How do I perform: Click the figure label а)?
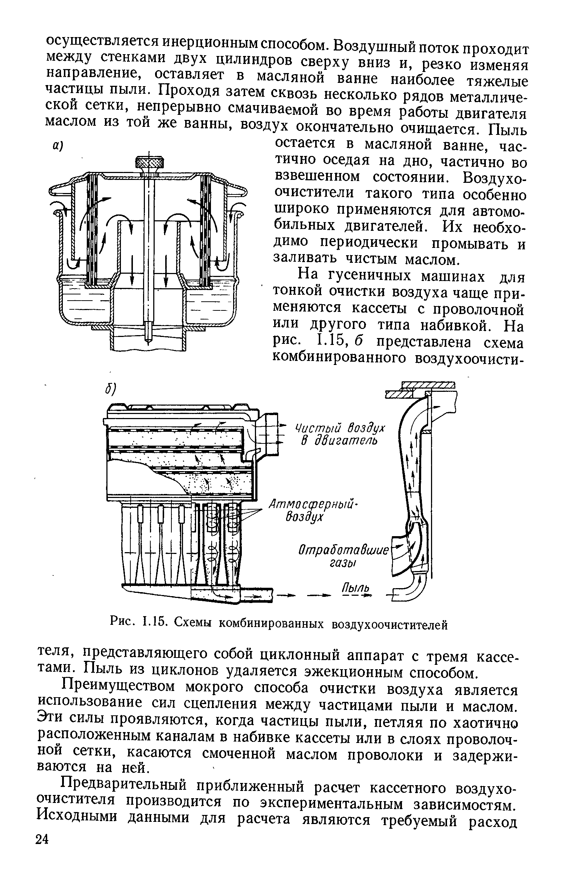tap(58, 146)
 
